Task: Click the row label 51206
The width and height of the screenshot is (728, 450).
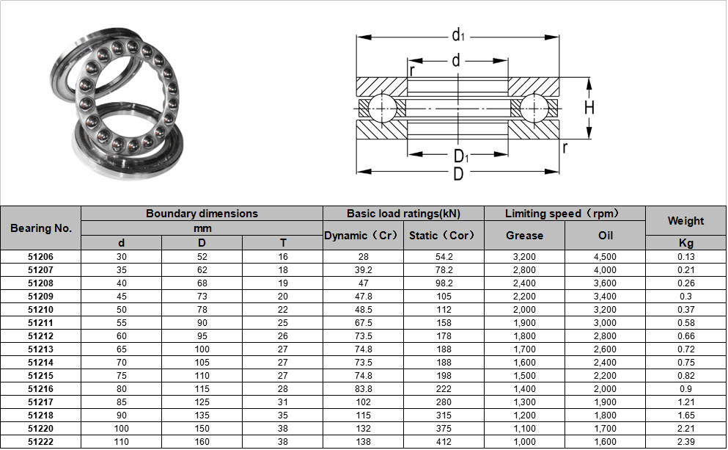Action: pyautogui.click(x=41, y=257)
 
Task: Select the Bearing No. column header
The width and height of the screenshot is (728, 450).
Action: pyautogui.click(x=41, y=228)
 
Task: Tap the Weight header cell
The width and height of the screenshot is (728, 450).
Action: pyautogui.click(x=685, y=220)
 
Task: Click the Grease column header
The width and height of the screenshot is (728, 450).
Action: pyautogui.click(x=524, y=236)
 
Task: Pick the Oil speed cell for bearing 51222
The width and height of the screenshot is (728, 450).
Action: pyautogui.click(x=605, y=442)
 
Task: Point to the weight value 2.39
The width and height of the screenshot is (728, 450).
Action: pyautogui.click(x=685, y=442)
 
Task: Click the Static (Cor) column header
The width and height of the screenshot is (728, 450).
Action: pyautogui.click(x=443, y=236)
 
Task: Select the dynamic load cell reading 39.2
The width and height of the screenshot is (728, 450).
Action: pyautogui.click(x=363, y=270)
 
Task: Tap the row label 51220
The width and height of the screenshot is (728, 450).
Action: pyautogui.click(x=41, y=429)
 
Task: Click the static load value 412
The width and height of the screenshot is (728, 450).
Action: pyautogui.click(x=443, y=442)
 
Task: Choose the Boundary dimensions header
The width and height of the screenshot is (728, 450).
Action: pyautogui.click(x=202, y=214)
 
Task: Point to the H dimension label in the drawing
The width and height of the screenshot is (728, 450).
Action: pyautogui.click(x=589, y=108)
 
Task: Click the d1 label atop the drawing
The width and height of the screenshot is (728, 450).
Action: pyautogui.click(x=458, y=35)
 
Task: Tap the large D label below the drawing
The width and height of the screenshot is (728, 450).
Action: pyautogui.click(x=458, y=175)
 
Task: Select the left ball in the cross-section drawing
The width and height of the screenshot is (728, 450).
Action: pyautogui.click(x=382, y=108)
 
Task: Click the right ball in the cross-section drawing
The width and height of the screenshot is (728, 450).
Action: pyautogui.click(x=535, y=108)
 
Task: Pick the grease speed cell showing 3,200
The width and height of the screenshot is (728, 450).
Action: pyautogui.click(x=524, y=257)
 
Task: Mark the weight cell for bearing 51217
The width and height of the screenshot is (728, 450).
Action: pyautogui.click(x=685, y=402)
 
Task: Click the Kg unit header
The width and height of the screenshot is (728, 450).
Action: pyautogui.click(x=685, y=243)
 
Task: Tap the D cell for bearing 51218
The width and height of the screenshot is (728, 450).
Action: pyautogui.click(x=202, y=415)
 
